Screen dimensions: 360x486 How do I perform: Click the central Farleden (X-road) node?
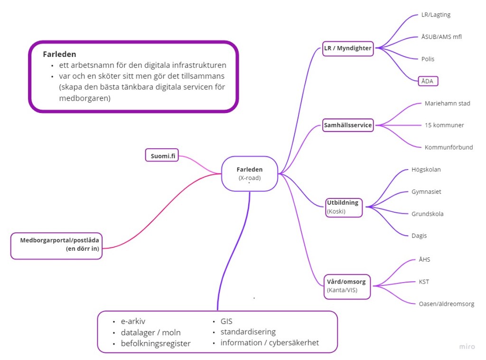pos(250,173)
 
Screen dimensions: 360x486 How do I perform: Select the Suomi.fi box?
pos(162,155)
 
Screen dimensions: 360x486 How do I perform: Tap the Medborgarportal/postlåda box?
pos(56,245)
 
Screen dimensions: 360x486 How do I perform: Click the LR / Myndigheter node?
pos(348,48)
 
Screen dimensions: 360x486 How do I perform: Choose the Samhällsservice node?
pos(348,125)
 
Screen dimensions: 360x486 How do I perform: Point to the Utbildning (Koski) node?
pos(344,207)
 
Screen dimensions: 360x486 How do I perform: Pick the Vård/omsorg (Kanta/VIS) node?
pos(347,285)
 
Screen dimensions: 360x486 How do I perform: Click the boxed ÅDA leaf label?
pos(428,81)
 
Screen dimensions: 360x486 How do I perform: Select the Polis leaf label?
pos(428,59)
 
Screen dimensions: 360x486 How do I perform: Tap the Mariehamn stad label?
pos(448,104)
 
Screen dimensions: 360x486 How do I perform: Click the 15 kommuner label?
pos(444,125)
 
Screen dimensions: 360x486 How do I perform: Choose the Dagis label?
pos(419,236)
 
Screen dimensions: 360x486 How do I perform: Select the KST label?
pos(424,282)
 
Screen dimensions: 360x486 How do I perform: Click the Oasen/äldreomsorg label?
pos(446,304)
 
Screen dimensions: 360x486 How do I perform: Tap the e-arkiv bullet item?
pos(133,322)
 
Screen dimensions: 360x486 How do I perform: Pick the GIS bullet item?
pos(226,322)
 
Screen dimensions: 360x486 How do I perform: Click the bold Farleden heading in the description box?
pos(59,54)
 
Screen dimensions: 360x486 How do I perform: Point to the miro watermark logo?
pos(467,347)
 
